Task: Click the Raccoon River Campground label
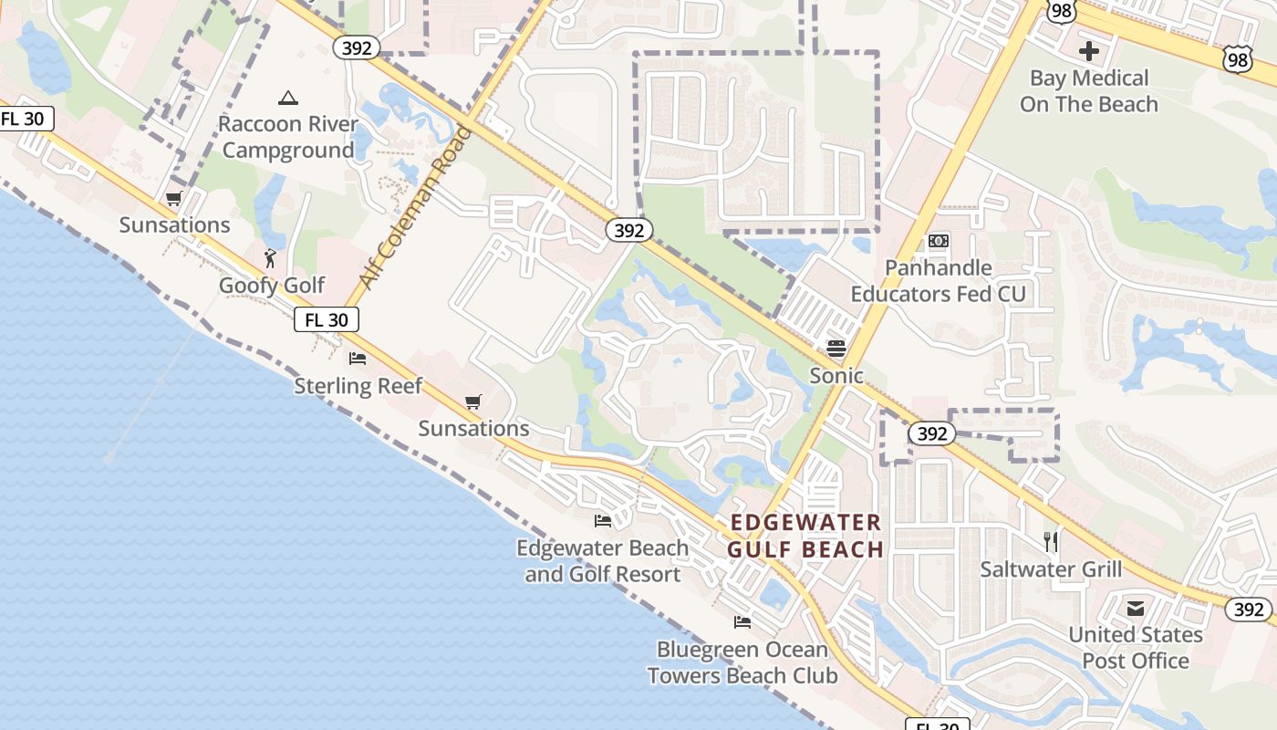[x=287, y=137]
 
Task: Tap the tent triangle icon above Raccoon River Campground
[x=288, y=98]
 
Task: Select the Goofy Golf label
[x=271, y=286]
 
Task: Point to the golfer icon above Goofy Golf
[x=270, y=258]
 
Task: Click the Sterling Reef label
[x=358, y=386]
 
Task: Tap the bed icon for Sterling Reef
[x=358, y=359]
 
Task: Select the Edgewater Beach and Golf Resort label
[x=602, y=561]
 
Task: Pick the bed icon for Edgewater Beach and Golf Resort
[x=602, y=521]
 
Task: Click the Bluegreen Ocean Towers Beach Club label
[x=742, y=662]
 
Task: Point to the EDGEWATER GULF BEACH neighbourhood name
[x=805, y=536]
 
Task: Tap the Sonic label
[x=836, y=375]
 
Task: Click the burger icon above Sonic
[x=836, y=348]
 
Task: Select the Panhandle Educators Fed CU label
[x=938, y=281]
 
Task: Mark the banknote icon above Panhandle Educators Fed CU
[x=938, y=241]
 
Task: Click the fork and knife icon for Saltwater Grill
[x=1051, y=542]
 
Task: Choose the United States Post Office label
[x=1135, y=647]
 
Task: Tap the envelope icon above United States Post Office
[x=1136, y=608]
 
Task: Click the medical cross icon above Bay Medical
[x=1088, y=51]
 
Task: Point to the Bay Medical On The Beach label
[x=1088, y=91]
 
